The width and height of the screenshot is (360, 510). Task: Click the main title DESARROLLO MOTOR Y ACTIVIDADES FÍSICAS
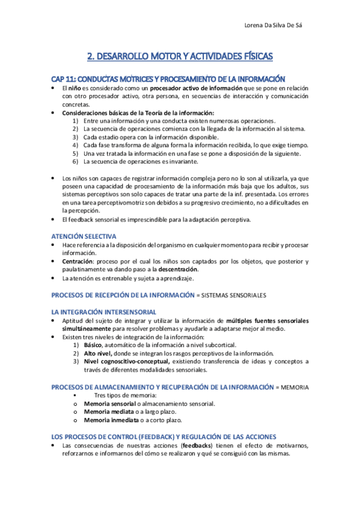click(180, 57)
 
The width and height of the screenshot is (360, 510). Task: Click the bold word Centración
click(78, 262)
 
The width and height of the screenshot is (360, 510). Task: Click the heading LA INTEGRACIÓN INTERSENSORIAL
click(104, 312)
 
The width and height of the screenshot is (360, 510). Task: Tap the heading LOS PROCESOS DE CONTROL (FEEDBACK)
click(163, 436)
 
